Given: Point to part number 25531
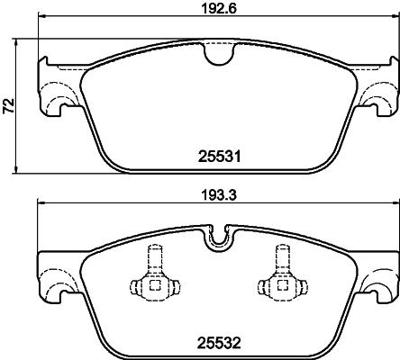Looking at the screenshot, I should point(216,156).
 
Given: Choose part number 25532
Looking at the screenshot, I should point(216,342).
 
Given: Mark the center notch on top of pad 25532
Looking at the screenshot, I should point(216,238).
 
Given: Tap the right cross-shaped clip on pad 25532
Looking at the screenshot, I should point(278,281).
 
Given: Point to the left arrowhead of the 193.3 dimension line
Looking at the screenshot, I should point(39,206).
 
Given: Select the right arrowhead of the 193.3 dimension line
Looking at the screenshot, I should point(393,206).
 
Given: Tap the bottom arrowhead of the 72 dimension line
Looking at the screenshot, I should point(20,172).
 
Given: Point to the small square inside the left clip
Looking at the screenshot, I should point(153,286).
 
